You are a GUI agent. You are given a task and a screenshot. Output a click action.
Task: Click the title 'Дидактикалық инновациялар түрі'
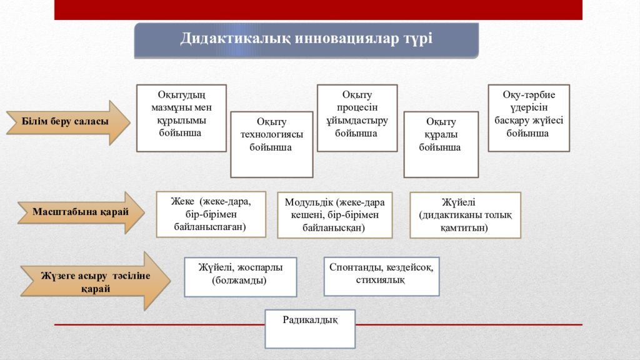(306, 38)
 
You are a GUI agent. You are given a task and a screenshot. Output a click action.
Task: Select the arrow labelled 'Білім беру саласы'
(68, 122)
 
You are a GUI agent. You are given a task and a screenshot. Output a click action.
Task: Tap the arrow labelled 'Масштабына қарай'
(81, 212)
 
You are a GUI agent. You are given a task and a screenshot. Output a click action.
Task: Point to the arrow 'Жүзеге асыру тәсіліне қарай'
(96, 281)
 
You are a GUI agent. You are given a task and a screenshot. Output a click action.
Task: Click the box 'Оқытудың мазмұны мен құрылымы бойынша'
(181, 118)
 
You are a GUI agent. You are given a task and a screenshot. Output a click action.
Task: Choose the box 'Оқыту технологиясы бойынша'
(272, 144)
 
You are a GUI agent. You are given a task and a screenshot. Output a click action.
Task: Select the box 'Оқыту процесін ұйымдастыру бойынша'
(357, 118)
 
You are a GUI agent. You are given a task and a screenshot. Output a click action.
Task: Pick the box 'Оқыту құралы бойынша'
(441, 144)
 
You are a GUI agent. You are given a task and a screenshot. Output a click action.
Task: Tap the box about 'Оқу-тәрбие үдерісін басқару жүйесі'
(529, 118)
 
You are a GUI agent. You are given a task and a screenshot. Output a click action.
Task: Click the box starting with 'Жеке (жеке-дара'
(211, 214)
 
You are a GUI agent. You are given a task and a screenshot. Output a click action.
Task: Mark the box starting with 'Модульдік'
(335, 215)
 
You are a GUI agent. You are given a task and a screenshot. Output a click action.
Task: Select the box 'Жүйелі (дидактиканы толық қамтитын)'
(465, 215)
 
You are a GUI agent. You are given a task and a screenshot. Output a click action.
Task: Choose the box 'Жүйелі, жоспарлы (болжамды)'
(241, 277)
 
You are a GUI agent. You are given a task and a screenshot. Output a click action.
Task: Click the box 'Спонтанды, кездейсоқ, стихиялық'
(382, 276)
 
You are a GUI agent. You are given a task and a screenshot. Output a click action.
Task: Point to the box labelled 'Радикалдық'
(310, 329)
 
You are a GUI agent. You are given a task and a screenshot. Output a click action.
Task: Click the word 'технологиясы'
(272, 135)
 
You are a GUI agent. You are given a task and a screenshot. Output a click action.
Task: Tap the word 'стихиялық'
(381, 281)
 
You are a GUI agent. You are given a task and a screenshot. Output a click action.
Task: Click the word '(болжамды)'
(239, 281)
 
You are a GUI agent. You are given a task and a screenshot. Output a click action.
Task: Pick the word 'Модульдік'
(309, 202)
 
